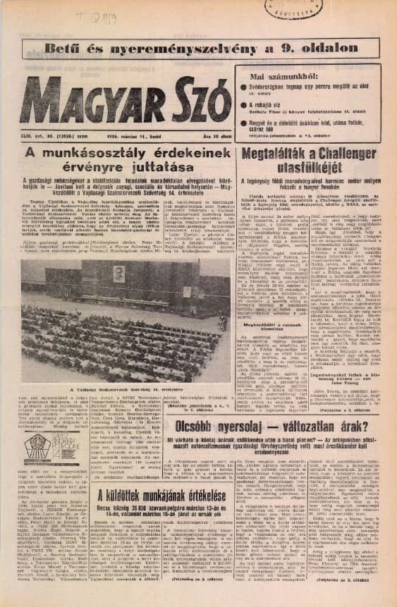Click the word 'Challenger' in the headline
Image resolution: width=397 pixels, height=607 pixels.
[341, 154]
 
